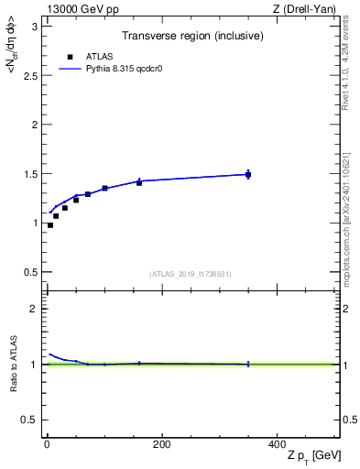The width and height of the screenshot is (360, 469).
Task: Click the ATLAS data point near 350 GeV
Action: click(x=248, y=174)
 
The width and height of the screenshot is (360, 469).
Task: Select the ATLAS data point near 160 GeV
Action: click(x=139, y=182)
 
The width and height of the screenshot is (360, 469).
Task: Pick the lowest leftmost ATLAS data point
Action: click(x=50, y=225)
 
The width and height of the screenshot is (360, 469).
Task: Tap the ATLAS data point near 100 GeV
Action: click(x=104, y=188)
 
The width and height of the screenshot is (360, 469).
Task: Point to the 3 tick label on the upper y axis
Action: click(x=34, y=26)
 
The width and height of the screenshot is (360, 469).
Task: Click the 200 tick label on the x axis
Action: click(x=161, y=444)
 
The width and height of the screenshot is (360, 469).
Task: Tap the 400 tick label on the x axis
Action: click(x=276, y=444)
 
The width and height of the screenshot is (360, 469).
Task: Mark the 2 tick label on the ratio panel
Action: click(x=34, y=309)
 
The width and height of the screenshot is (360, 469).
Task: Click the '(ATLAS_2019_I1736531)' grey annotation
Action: click(x=191, y=274)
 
